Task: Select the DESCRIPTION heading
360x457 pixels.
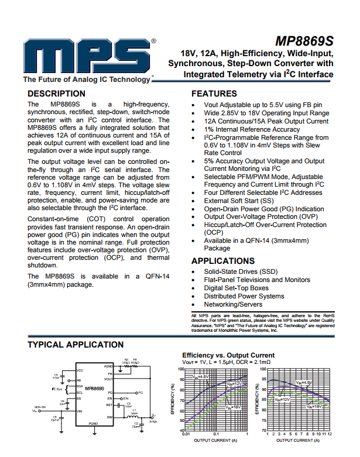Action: pyautogui.click(x=56, y=94)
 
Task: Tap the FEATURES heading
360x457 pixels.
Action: pyautogui.click(x=214, y=94)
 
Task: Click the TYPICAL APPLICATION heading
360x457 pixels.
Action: pyautogui.click(x=76, y=345)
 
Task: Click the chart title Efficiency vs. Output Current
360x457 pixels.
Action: pyautogui.click(x=228, y=355)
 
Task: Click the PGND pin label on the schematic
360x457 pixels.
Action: pyautogui.click(x=93, y=423)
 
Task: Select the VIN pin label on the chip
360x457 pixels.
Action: pyautogui.click(x=80, y=411)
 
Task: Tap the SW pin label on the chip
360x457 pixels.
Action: pyautogui.click(x=109, y=417)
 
